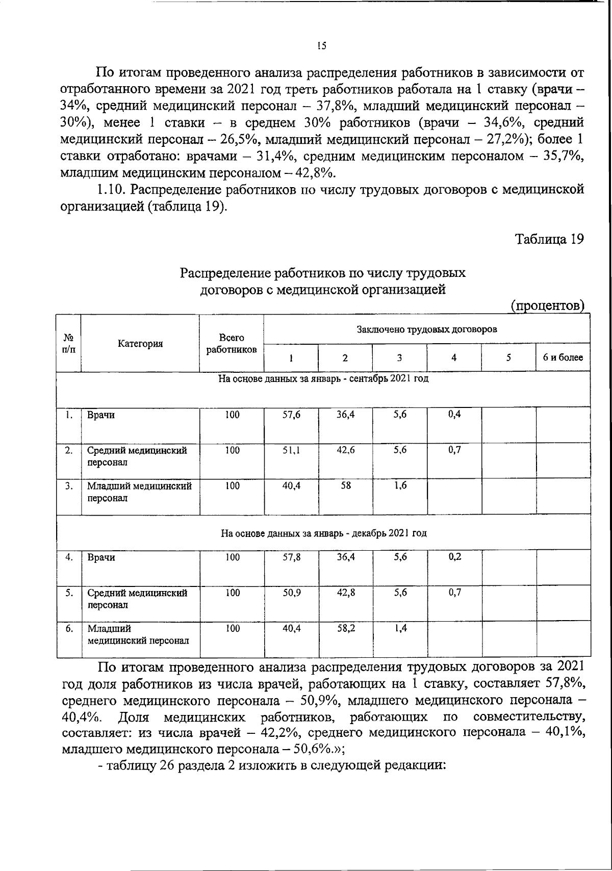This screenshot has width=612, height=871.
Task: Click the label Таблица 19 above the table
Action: (549, 239)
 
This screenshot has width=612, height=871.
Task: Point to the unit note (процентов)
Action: (547, 305)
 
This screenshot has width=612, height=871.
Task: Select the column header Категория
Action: (140, 343)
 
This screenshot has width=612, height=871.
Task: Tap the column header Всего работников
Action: (232, 343)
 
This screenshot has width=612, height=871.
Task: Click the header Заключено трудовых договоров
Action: (426, 329)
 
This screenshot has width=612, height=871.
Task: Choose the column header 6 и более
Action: (563, 357)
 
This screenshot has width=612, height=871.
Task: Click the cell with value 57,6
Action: (291, 415)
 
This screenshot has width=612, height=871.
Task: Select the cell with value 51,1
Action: (291, 451)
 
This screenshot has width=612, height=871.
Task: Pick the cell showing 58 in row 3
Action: (345, 486)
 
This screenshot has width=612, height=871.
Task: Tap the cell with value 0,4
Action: (454, 415)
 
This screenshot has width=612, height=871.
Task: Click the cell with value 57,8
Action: (291, 558)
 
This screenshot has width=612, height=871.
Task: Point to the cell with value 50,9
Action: (291, 594)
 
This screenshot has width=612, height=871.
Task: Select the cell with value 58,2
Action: (346, 629)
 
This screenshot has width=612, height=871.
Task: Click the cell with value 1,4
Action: (400, 629)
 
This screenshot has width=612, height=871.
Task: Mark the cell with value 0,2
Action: (454, 557)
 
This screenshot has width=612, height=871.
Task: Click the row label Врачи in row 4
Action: (101, 558)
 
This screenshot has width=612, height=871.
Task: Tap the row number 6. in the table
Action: (69, 629)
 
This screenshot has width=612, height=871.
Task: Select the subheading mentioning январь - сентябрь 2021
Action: (323, 379)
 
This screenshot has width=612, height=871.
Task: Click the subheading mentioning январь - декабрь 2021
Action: (323, 533)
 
